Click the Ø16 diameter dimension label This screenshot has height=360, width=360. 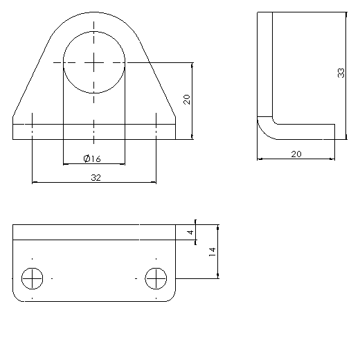click(x=92, y=159)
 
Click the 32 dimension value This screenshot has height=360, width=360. click(x=96, y=178)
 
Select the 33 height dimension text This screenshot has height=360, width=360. click(x=341, y=73)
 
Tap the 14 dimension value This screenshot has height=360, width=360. click(x=212, y=252)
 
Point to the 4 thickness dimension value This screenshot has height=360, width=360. click(x=190, y=233)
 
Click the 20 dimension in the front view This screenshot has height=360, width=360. click(x=186, y=99)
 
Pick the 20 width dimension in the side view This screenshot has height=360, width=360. click(x=296, y=154)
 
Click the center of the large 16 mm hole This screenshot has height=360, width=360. click(x=94, y=62)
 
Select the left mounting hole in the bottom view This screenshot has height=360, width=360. click(x=33, y=278)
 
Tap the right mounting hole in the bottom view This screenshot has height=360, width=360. click(x=156, y=278)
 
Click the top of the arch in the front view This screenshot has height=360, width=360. click(x=94, y=12)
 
